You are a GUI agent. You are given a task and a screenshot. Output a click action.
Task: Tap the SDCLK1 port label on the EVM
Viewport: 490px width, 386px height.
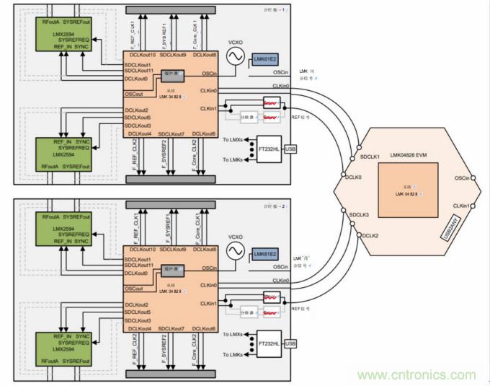click(x=370, y=157)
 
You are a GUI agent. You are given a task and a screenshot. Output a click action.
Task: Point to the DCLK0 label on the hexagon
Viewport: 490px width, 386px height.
click(x=353, y=177)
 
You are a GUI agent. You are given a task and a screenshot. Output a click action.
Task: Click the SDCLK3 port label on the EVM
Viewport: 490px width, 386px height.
click(x=359, y=214)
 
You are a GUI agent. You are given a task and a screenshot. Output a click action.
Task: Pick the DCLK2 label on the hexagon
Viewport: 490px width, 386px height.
click(x=370, y=234)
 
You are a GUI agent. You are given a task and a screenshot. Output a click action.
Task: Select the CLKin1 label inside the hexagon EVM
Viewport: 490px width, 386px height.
click(x=462, y=206)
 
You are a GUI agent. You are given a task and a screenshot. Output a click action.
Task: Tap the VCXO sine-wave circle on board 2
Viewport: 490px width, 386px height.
click(x=234, y=250)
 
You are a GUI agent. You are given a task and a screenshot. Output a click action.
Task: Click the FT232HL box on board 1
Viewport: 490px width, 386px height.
click(x=270, y=149)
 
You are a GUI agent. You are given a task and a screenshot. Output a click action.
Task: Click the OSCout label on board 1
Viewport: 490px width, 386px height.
click(x=134, y=95)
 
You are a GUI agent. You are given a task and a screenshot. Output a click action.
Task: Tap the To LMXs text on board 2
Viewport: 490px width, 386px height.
click(x=235, y=334)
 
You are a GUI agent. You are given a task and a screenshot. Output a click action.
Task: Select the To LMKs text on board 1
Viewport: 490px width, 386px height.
click(x=235, y=159)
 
